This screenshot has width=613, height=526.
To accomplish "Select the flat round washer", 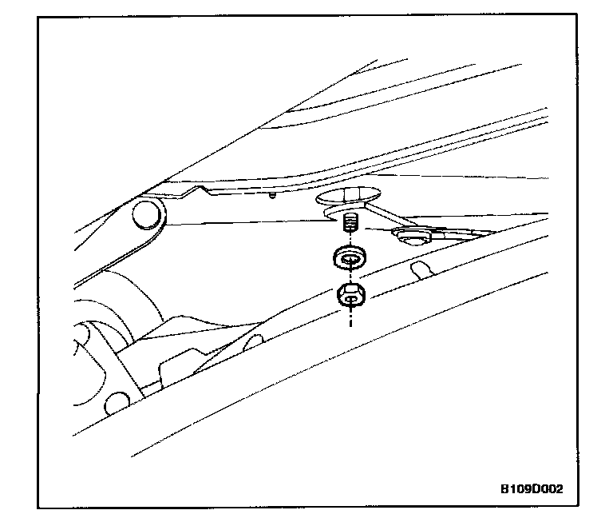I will (348, 257).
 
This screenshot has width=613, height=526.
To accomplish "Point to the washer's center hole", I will (349, 256).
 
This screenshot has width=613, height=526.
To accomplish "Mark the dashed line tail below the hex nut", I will (350, 319).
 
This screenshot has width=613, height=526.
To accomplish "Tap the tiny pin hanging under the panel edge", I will (273, 195).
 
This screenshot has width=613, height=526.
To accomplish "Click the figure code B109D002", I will (531, 488).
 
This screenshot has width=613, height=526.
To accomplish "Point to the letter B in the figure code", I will (504, 488).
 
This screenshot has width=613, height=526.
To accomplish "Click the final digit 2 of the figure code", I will (558, 488).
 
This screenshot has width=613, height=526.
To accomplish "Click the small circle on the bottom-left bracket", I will (119, 401).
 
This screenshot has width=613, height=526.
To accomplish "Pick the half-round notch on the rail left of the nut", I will (254, 342).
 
